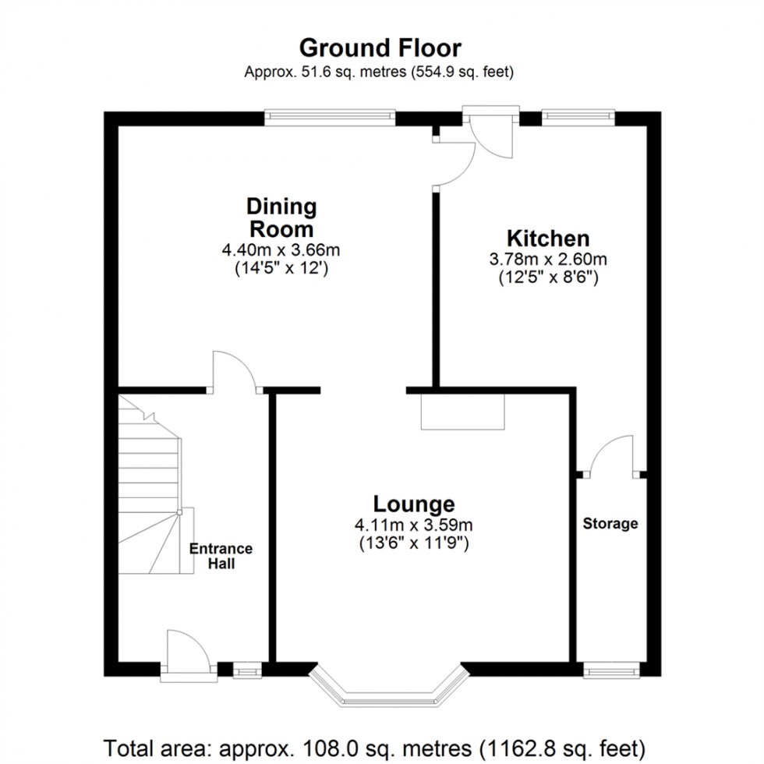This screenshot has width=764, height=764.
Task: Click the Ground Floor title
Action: pos(380,48)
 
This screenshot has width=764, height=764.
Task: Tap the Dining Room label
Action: pos(281,218)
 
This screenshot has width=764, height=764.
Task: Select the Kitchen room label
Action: pos(548,238)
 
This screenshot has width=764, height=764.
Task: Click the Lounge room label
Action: pos(413,503)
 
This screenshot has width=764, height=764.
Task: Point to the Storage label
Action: pos(610,524)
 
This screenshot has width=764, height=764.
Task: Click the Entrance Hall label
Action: pos(221,556)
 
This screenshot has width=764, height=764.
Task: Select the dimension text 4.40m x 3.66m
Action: pos(281,251)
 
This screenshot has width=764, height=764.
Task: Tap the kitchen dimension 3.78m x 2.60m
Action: pos(548,260)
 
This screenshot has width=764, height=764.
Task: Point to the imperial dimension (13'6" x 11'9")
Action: pos(413,543)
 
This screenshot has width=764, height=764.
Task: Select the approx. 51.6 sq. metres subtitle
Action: pos(380,73)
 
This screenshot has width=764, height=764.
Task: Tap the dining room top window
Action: pos(330,118)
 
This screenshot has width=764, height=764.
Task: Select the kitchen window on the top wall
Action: pos(578,118)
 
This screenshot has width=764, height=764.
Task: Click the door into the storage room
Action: pos(611,456)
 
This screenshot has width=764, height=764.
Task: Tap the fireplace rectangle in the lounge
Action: pos(463,412)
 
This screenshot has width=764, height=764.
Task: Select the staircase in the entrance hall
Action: pos(152,483)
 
